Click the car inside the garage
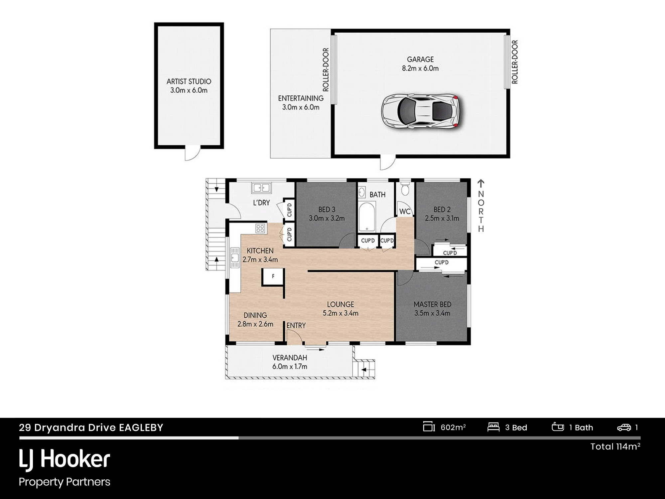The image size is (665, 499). pos(420,111)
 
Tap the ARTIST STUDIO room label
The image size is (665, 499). pos(189,86)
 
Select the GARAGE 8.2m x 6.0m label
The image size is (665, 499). pos(420,64)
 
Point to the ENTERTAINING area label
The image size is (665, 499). pos(301,103)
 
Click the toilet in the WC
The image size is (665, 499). pos(405,188)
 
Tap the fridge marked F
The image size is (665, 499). pos(273,276)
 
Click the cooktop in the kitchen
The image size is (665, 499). pos(260,228)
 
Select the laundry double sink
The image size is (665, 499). pos(261,188)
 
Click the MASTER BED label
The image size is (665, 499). pos(432,309)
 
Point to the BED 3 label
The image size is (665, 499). pos(327,214)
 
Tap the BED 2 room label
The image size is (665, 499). pos(442,214)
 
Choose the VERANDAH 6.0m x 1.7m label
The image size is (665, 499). pos(290,362)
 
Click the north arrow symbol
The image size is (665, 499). pos(481,183)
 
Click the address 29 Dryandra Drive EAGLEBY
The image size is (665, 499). pos(91,427)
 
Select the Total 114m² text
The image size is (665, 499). pos(615,446)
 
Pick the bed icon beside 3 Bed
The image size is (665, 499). pos(493,427)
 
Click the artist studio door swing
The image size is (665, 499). pos(193,154)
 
